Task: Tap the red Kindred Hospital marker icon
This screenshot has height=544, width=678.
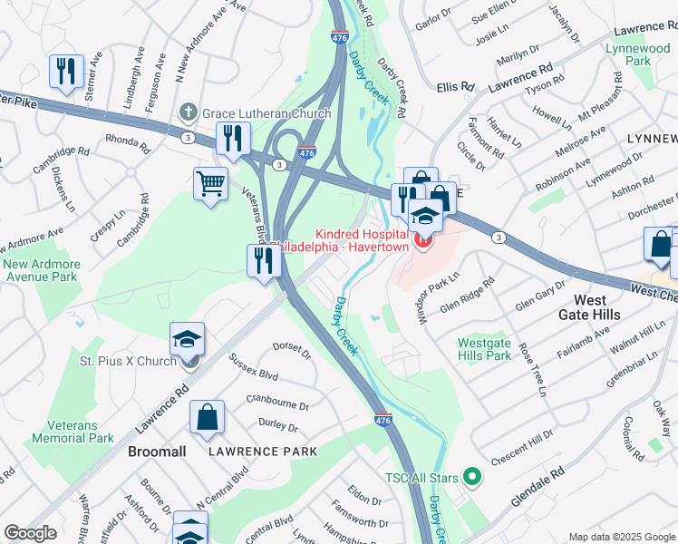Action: [x=422, y=239]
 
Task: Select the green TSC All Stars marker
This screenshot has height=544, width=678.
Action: [x=470, y=475]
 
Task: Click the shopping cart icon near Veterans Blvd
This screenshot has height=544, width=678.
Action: [x=210, y=183]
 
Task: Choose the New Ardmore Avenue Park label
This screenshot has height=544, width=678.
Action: [x=41, y=270]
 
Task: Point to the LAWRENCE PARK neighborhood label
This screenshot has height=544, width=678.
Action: [x=263, y=451]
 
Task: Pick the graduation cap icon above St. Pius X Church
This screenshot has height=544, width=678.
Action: [x=187, y=340]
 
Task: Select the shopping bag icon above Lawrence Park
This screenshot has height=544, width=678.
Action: [x=208, y=417]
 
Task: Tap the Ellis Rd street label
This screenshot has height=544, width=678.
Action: [x=455, y=87]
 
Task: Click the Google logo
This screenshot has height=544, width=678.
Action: [x=30, y=533]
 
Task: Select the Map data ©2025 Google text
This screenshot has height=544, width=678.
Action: [x=621, y=537]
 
